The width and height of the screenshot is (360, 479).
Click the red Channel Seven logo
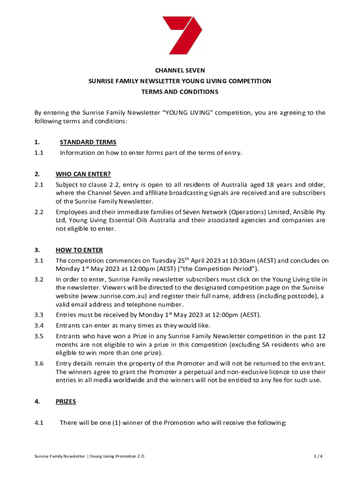pos(181,35)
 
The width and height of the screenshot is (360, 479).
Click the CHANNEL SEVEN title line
pos(180,71)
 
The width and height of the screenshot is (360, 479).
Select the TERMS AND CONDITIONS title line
pos(180,92)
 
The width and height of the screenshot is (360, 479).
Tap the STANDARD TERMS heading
pos(88,142)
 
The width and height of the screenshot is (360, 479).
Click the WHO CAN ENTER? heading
pos(83,174)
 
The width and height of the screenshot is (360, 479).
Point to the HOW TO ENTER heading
pos(79,250)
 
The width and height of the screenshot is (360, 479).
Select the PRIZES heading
pos(65,401)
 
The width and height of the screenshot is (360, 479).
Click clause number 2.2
pos(39,212)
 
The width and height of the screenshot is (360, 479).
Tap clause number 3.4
pos(39,325)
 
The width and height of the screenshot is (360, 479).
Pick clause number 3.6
pos(39,363)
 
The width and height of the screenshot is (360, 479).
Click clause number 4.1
pos(39,423)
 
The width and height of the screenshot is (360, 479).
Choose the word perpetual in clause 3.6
pos(204,372)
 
